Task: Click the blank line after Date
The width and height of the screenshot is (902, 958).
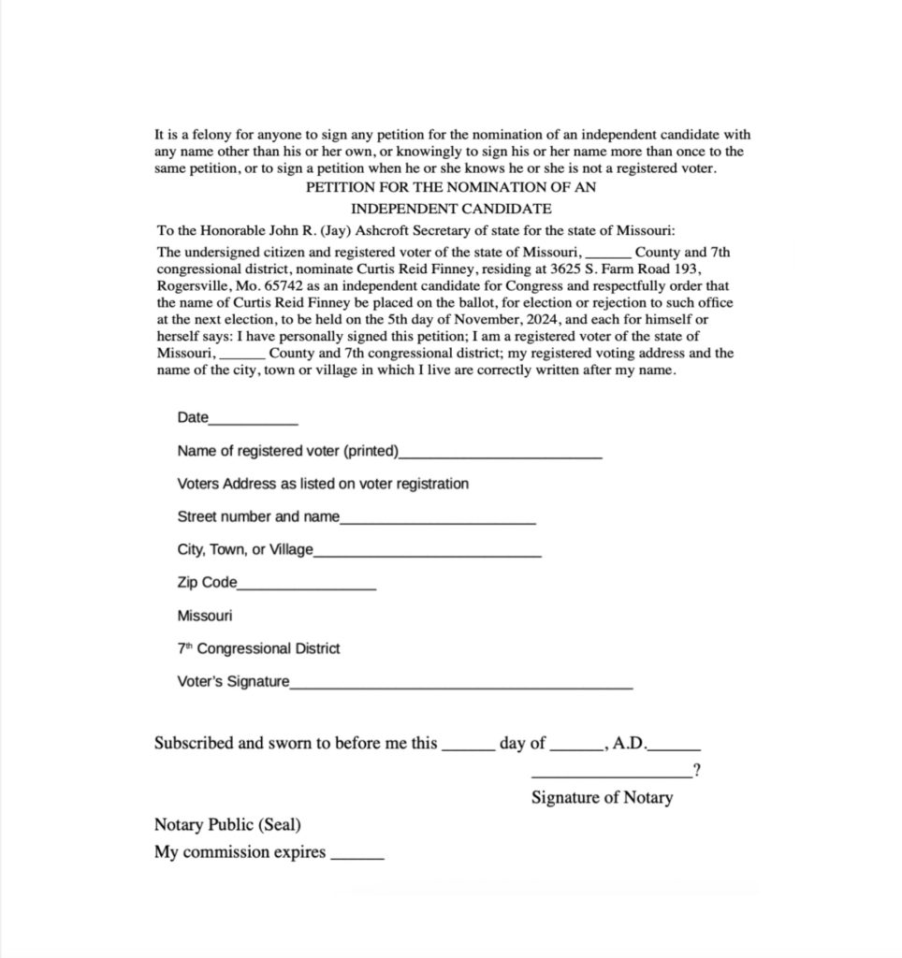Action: pos(254,423)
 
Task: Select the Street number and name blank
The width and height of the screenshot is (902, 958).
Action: pos(438,522)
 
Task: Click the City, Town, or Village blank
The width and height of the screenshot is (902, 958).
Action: pos(428,555)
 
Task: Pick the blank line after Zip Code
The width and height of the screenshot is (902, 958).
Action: pos(307,588)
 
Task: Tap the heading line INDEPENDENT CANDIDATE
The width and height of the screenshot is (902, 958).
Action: pos(451,209)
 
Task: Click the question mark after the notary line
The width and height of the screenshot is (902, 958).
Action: pos(697,771)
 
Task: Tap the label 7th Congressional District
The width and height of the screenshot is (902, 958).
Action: pos(258,648)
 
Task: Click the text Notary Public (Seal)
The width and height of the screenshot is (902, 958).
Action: pos(227,825)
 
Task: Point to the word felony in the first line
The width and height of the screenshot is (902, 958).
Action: pos(215,135)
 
